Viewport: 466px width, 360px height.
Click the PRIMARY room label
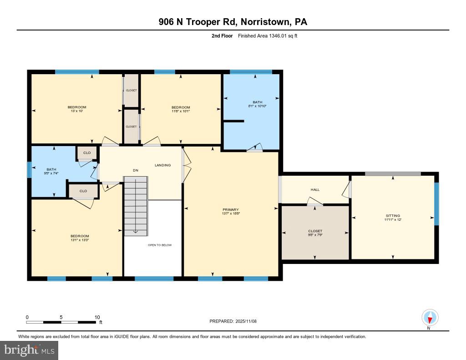tap(231, 210)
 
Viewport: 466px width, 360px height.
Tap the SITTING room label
tap(393, 216)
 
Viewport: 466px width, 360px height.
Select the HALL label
tap(315, 190)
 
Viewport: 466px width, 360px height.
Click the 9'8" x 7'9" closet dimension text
tap(315, 235)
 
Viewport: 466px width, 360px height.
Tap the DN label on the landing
tap(136, 171)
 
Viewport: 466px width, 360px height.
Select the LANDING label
tap(162, 165)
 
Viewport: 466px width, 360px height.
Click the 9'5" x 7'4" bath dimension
tap(48, 173)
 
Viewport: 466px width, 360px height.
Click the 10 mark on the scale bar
tap(96, 317)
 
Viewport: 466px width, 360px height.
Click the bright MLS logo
tap(29, 350)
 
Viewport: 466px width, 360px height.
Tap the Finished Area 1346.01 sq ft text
tap(268, 36)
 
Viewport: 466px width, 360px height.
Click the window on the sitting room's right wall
tap(436, 204)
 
